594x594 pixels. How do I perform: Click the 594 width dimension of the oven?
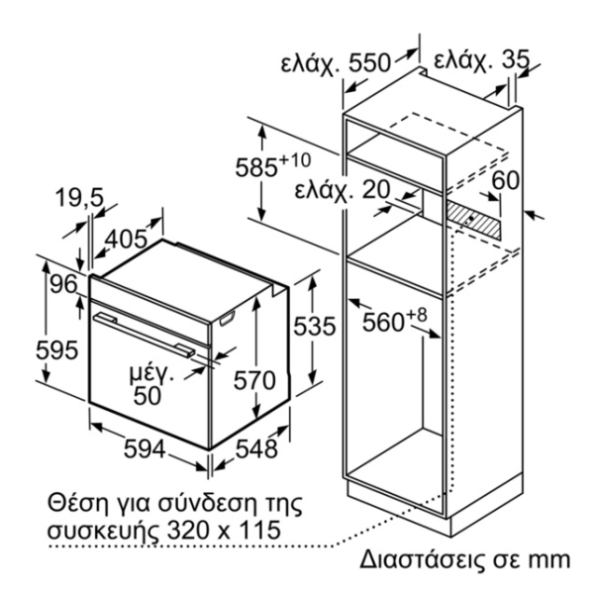[x=145, y=449]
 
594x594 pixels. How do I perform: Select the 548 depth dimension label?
[x=256, y=449]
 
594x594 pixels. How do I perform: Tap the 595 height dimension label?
[x=56, y=350]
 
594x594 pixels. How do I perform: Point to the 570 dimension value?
[x=254, y=380]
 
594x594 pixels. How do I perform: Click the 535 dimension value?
[x=315, y=326]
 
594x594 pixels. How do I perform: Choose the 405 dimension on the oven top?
[x=126, y=239]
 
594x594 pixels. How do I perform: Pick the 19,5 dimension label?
[x=79, y=198]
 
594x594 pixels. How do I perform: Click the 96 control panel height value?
[x=63, y=284]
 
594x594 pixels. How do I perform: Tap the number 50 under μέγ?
[x=148, y=396]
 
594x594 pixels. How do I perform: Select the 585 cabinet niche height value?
[x=256, y=167]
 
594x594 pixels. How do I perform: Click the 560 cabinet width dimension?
[x=383, y=323]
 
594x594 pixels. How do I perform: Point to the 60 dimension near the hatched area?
[x=505, y=180]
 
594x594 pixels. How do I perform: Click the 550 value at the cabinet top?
[x=369, y=62]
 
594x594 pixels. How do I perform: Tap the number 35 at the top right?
[x=514, y=59]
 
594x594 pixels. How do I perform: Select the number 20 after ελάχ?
[x=376, y=189]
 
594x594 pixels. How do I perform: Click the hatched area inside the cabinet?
[x=474, y=221]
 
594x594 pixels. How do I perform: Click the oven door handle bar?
[x=145, y=335]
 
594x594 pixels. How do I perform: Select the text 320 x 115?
[x=224, y=530]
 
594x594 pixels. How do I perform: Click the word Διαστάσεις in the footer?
[x=423, y=560]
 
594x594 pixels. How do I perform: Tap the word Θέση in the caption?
[x=76, y=503]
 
